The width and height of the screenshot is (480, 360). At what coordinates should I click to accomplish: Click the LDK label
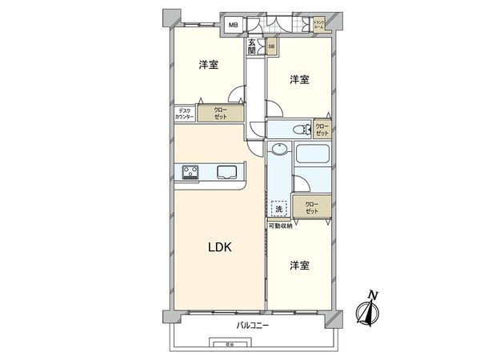(221, 248)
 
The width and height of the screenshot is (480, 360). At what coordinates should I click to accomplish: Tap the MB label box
(234, 26)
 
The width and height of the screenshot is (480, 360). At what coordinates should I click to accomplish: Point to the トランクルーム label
(319, 24)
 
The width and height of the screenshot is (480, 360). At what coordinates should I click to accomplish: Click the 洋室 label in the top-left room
(208, 65)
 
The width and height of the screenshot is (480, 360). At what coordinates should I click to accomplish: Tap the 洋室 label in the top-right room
(299, 79)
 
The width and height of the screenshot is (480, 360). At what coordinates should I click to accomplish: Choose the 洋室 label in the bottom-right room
(299, 265)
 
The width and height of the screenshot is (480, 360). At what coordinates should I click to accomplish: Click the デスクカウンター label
(185, 114)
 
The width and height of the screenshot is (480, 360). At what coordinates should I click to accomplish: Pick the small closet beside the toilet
(322, 130)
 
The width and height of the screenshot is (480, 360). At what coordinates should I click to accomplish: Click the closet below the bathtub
(310, 207)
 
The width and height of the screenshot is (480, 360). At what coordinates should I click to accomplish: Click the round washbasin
(278, 150)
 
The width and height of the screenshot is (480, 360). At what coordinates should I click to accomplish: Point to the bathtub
(312, 157)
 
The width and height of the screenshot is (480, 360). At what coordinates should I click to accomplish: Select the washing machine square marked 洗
(278, 208)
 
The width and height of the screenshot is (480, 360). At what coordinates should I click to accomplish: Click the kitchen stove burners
(191, 170)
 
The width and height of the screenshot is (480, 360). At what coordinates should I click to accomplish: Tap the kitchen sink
(225, 170)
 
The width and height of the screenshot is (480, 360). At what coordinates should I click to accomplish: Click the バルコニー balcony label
(253, 326)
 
